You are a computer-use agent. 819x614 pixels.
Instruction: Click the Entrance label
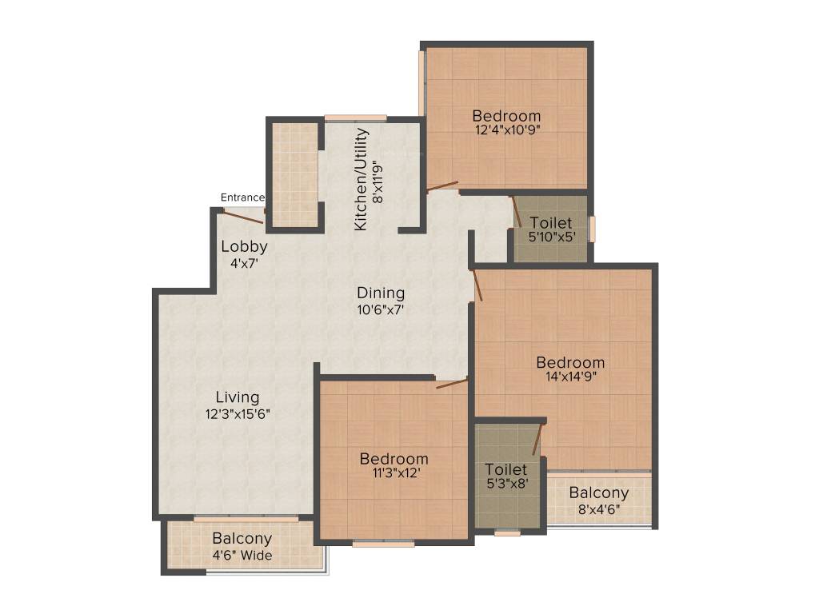(242, 197)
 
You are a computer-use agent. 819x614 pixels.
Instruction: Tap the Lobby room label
(244, 246)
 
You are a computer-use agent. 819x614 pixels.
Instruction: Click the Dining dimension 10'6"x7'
(381, 310)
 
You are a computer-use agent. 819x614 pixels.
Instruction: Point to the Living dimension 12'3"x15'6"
(238, 414)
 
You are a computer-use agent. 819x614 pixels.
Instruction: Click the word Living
(238, 397)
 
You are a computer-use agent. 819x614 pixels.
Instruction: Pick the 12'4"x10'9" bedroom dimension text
(506, 131)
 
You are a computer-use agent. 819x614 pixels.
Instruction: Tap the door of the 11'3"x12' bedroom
(452, 384)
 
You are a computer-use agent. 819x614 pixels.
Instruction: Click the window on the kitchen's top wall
(355, 118)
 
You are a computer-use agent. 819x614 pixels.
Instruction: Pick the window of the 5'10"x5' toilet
(593, 229)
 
